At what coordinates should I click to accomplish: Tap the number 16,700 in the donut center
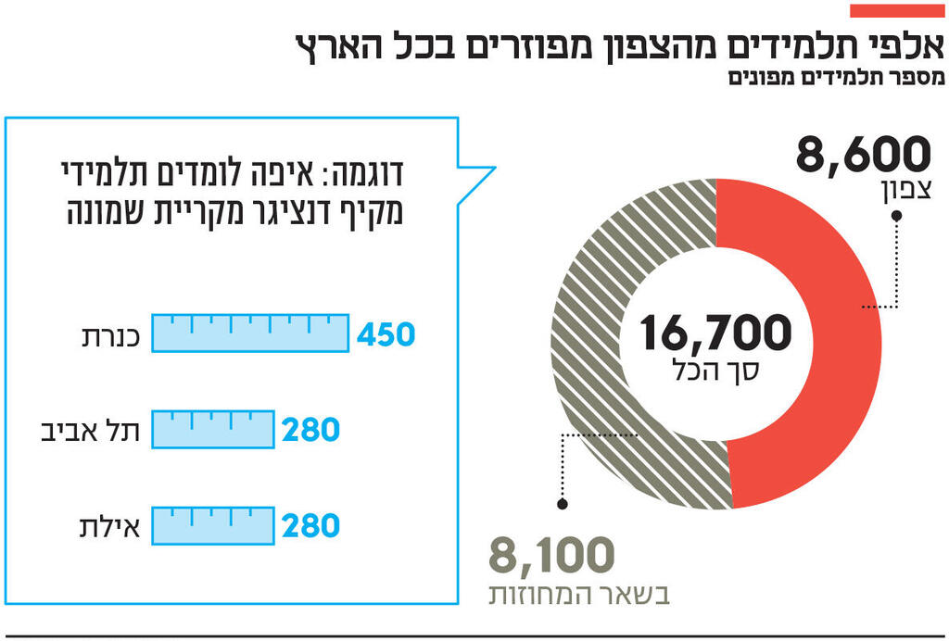click(x=715, y=333)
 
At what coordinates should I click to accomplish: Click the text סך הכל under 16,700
click(x=715, y=371)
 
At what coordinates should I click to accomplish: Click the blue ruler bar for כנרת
click(x=250, y=333)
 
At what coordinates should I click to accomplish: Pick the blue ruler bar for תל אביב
click(x=213, y=429)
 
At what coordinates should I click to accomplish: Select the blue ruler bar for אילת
click(x=213, y=525)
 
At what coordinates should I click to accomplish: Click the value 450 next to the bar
click(x=386, y=334)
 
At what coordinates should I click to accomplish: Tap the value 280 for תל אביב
click(x=311, y=430)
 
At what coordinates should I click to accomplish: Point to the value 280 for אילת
click(x=311, y=526)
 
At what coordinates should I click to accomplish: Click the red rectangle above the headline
click(x=896, y=11)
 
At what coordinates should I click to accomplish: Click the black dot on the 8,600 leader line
click(x=896, y=216)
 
